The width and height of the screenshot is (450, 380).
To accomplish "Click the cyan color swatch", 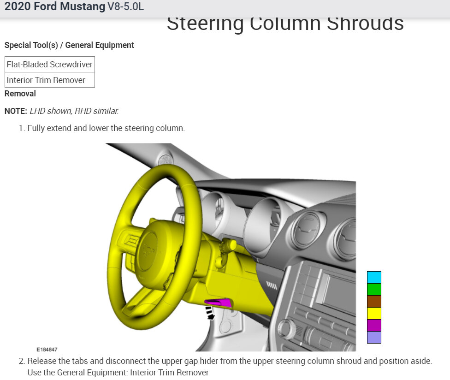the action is click(x=374, y=277).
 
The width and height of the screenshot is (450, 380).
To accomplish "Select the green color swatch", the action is click(x=374, y=289).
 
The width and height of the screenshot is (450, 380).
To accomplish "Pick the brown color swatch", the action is click(x=374, y=301).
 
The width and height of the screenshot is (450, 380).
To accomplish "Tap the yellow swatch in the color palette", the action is click(x=374, y=314).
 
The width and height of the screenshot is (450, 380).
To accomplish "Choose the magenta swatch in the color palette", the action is click(x=374, y=325).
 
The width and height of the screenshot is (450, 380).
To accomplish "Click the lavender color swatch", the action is click(x=374, y=337).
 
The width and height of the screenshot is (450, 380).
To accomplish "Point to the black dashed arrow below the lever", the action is click(x=210, y=313).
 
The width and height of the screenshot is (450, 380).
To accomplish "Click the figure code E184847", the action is click(x=47, y=349).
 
